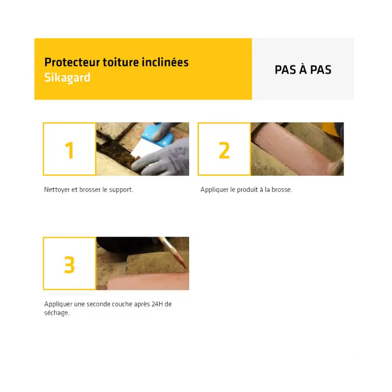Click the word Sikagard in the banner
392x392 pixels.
click(67, 78)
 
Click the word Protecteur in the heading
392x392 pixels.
click(72, 62)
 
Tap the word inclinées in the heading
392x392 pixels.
click(165, 62)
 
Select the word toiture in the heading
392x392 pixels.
click(121, 62)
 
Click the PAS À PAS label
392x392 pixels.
click(303, 70)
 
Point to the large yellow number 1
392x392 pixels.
click(69, 150)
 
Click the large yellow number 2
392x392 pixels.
click(224, 150)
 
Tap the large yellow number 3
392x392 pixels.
click(70, 265)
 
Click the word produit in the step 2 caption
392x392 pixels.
click(247, 190)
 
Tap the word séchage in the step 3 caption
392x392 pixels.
click(57, 313)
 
